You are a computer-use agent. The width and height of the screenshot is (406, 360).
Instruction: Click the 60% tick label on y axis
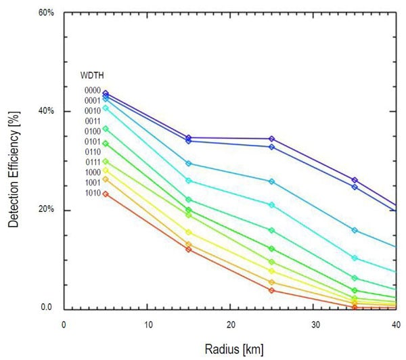tap(45, 13)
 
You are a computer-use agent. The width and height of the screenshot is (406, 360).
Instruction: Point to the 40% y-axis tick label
tap(45, 112)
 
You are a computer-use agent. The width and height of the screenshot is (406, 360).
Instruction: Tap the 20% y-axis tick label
tap(45, 210)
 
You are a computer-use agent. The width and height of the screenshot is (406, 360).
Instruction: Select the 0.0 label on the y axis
tap(45, 308)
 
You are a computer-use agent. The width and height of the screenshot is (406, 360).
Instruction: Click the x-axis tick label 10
tap(147, 324)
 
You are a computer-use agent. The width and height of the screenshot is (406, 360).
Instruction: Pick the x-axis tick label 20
tap(231, 324)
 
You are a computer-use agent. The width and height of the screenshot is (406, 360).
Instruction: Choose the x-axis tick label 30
tap(315, 324)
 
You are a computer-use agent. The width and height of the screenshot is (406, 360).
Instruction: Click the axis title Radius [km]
tap(231, 350)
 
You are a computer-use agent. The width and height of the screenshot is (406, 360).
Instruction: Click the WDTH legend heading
tap(92, 75)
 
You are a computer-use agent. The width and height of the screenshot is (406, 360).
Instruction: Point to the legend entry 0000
tap(93, 90)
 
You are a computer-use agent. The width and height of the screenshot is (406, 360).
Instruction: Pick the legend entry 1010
tap(93, 194)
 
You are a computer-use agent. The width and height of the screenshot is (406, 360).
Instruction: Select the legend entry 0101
tap(93, 142)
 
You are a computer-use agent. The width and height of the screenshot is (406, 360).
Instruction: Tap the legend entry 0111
tap(93, 162)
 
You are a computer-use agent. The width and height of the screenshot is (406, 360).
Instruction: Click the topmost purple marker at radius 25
tap(272, 139)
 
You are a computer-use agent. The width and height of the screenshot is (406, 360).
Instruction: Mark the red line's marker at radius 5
tap(105, 194)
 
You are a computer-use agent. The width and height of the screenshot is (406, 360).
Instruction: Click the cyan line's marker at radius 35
tap(355, 258)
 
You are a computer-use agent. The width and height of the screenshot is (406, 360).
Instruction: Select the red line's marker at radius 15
tap(189, 250)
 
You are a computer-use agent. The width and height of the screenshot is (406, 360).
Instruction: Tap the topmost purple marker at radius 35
tap(355, 180)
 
